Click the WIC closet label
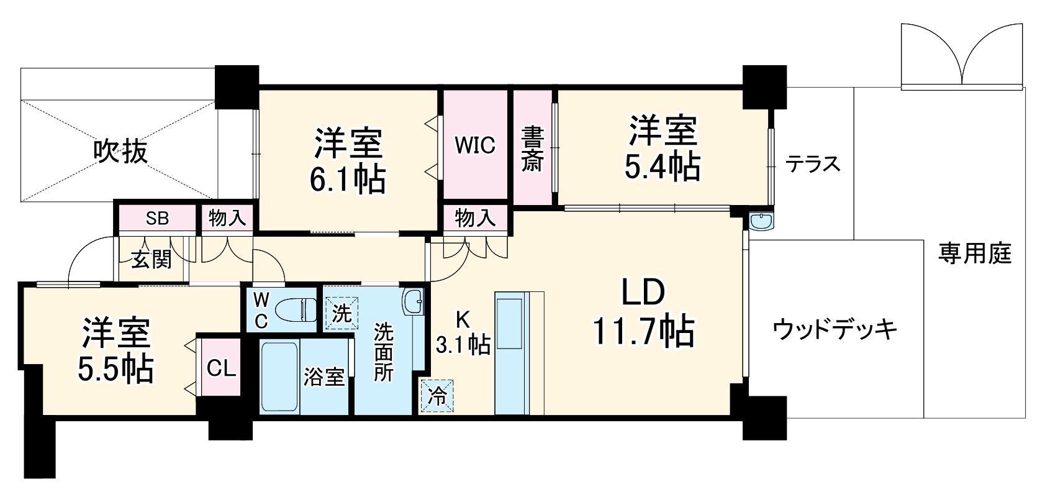pyautogui.click(x=475, y=145)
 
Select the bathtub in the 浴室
pyautogui.click(x=279, y=377)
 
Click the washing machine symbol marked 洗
pyautogui.click(x=342, y=313)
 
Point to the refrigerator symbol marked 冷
pyautogui.click(x=437, y=396)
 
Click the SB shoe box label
pyautogui.click(x=157, y=218)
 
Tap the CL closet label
pyautogui.click(x=220, y=368)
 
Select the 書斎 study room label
pyautogui.click(x=532, y=149)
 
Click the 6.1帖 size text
pyautogui.click(x=348, y=179)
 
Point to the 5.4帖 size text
pyautogui.click(x=663, y=167)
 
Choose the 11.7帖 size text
pyautogui.click(x=643, y=331)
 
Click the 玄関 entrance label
pyautogui.click(x=151, y=260)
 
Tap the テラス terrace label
pyautogui.click(x=813, y=164)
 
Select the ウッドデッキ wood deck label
pyautogui.click(x=835, y=329)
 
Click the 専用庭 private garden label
pyautogui.click(x=975, y=254)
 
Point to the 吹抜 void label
pyautogui.click(x=120, y=151)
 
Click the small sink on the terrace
pyautogui.click(x=761, y=221)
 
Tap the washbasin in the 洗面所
pyautogui.click(x=413, y=302)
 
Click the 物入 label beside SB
pyautogui.click(x=227, y=218)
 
